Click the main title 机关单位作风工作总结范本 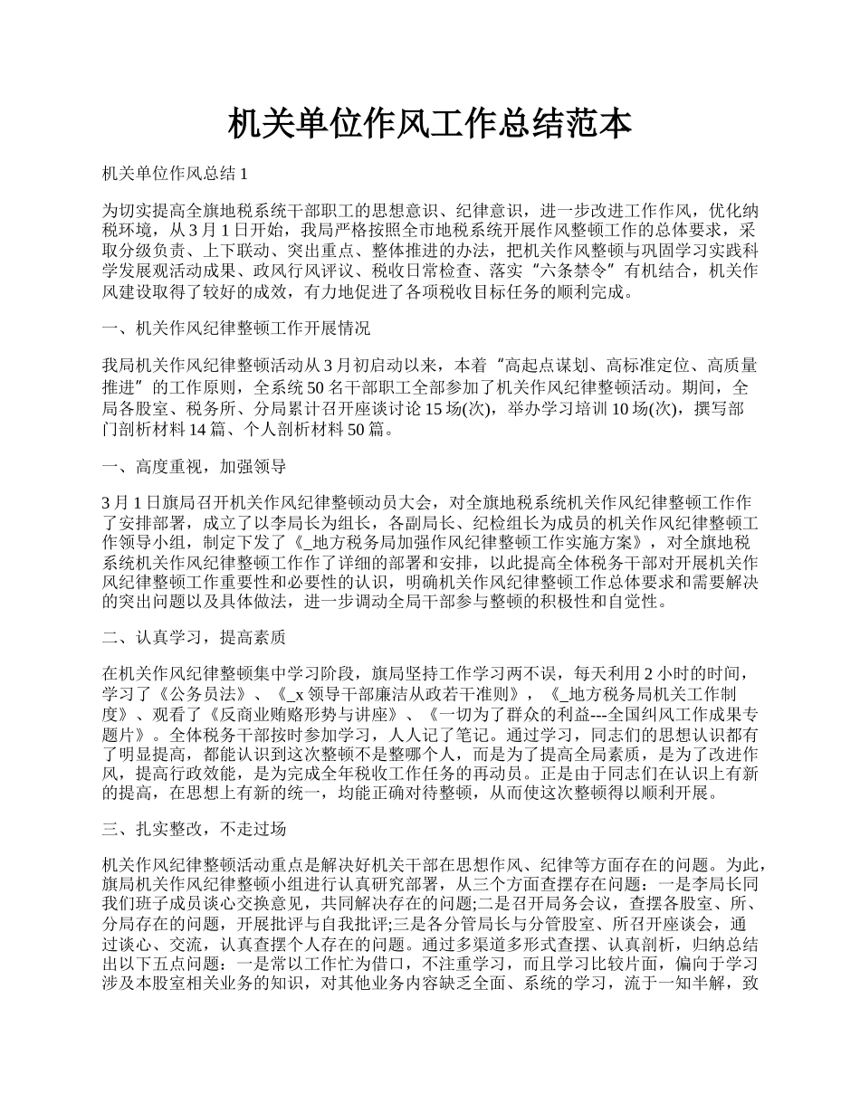[x=429, y=124]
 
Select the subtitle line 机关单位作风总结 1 [x=175, y=172]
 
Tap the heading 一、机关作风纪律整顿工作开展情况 [x=236, y=327]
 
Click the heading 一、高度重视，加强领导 [x=195, y=466]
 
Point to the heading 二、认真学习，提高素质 [x=195, y=637]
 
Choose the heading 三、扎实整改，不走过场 [x=195, y=829]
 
